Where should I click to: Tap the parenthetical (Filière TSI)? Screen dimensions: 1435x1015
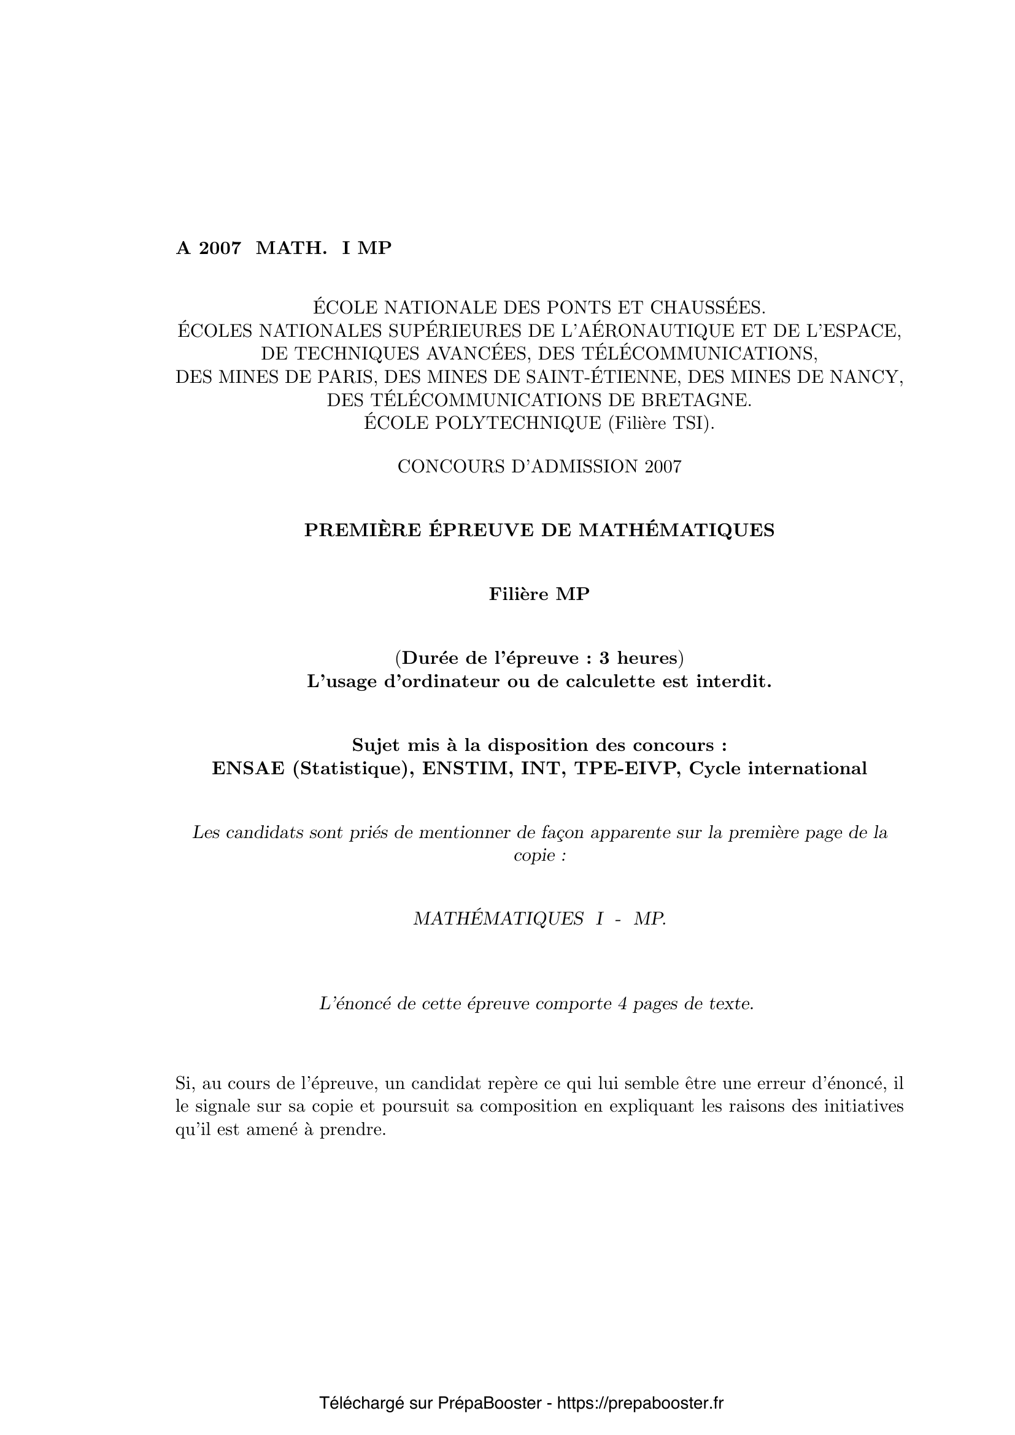pyautogui.click(x=662, y=423)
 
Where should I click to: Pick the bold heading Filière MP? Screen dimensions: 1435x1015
pyautogui.click(x=539, y=594)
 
